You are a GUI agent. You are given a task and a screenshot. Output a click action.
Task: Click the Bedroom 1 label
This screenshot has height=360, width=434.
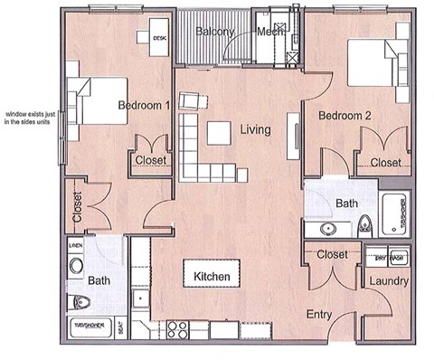coord(145,106)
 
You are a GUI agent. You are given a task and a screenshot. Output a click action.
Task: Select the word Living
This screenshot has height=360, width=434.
coord(255,130)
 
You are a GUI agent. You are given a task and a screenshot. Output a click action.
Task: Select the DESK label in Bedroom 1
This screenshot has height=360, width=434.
coord(159,38)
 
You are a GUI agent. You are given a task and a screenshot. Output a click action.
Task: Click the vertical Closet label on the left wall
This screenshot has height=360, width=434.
coord(78,208)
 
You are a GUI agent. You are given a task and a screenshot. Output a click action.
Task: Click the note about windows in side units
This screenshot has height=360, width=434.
coord(31,118)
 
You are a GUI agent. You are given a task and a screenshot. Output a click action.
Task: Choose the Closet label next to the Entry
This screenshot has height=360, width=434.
coord(333,254)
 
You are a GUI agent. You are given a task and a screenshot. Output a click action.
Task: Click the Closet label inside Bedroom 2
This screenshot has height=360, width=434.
coord(385,163)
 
